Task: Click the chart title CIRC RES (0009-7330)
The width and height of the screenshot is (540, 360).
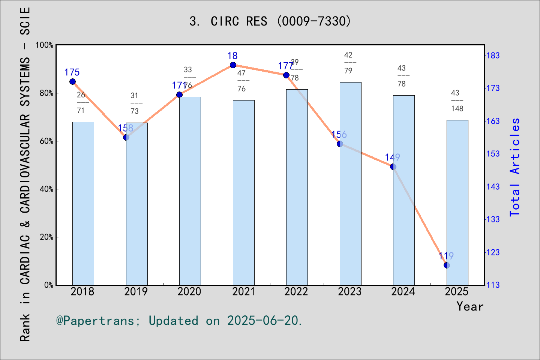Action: [270, 21]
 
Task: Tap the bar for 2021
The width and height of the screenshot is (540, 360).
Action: [243, 193]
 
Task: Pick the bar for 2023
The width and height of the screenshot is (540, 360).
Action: [350, 184]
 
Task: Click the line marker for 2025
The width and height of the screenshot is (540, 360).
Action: [447, 265]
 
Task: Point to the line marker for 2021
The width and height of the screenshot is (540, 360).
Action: [233, 65]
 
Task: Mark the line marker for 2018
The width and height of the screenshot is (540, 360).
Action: [72, 82]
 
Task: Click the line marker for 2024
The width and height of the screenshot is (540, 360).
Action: [393, 166]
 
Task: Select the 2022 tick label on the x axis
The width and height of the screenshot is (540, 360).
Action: [296, 291]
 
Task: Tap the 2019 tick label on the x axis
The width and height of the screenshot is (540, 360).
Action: [136, 291]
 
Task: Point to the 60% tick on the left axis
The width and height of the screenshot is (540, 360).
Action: [46, 141]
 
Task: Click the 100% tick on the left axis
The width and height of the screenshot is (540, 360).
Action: [45, 45]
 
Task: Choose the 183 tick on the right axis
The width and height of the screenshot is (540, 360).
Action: [493, 55]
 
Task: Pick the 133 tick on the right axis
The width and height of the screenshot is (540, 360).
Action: [493, 219]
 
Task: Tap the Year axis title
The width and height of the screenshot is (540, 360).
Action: [470, 306]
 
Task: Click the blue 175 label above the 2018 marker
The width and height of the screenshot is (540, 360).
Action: [72, 72]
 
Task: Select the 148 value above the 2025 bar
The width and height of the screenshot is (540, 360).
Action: [457, 109]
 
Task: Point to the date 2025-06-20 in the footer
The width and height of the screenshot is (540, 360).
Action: [263, 321]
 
